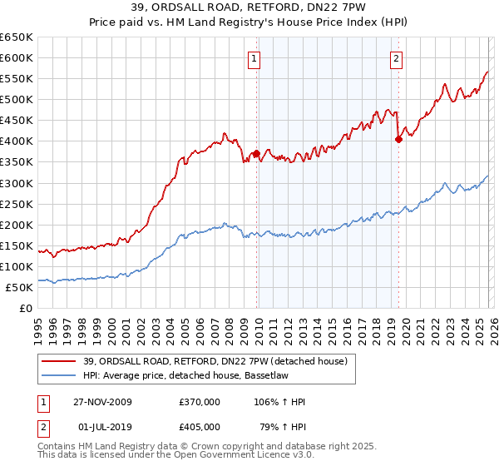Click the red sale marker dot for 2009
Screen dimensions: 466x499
tap(256, 153)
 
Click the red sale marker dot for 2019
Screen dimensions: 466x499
tap(398, 139)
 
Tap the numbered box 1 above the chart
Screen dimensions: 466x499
tap(253, 58)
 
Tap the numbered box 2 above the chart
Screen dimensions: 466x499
tap(396, 58)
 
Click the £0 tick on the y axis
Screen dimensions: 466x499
tap(27, 308)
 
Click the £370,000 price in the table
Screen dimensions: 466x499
tap(200, 402)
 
